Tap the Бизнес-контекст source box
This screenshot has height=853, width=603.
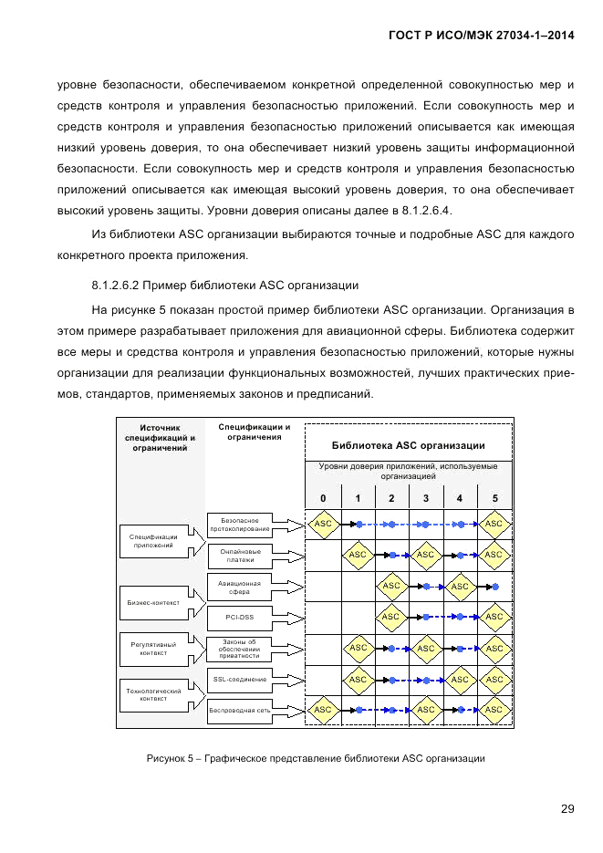click(x=153, y=601)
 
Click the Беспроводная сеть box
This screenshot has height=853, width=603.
click(x=240, y=709)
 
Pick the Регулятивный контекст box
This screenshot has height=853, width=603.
click(x=153, y=648)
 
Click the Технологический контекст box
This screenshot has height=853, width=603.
click(x=153, y=695)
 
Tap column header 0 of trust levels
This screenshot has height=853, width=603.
click(x=323, y=498)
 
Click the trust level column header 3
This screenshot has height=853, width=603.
click(x=426, y=498)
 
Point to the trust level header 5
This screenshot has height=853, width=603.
click(x=494, y=498)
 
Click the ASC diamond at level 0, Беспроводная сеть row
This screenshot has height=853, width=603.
click(x=323, y=709)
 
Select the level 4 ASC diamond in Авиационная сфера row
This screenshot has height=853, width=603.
click(x=460, y=587)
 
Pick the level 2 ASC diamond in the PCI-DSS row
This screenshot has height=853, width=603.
click(x=391, y=617)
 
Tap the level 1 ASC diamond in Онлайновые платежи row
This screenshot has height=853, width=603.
click(x=358, y=555)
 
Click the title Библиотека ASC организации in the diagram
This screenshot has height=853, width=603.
click(x=408, y=445)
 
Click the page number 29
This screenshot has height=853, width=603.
click(x=567, y=808)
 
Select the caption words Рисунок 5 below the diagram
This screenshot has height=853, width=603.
click(x=170, y=758)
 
